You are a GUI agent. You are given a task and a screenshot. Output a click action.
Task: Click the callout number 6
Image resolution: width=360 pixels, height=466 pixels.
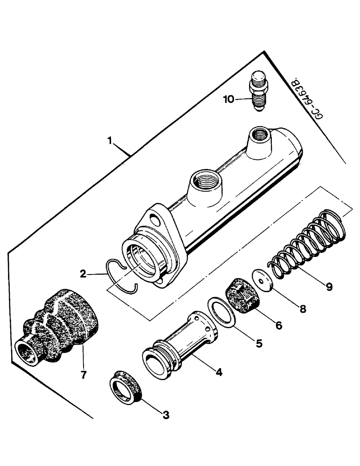coord(278,325)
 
